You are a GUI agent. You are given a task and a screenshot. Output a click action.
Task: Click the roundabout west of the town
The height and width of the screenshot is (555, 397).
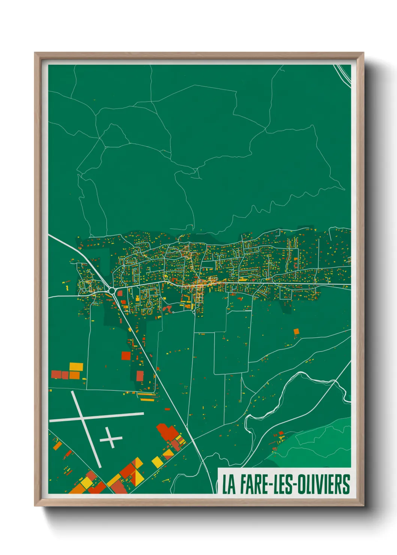pos(112,290)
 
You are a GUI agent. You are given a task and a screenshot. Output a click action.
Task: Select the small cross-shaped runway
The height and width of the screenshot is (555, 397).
pos(111,438)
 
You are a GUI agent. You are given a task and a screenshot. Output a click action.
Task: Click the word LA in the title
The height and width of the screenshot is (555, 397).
pos(229,484)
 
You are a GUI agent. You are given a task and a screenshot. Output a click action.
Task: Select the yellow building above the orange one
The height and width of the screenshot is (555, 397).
pos(76,366)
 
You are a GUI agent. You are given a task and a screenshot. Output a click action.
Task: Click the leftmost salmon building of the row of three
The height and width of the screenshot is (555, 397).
pos(56,374)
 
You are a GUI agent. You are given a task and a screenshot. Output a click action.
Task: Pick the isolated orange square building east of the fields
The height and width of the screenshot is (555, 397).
pos(296,331)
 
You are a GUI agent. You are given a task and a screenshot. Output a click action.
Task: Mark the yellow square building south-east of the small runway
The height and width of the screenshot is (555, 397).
pos(157,462)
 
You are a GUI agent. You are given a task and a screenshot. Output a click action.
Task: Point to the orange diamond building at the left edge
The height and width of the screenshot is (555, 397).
pos(57,446)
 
